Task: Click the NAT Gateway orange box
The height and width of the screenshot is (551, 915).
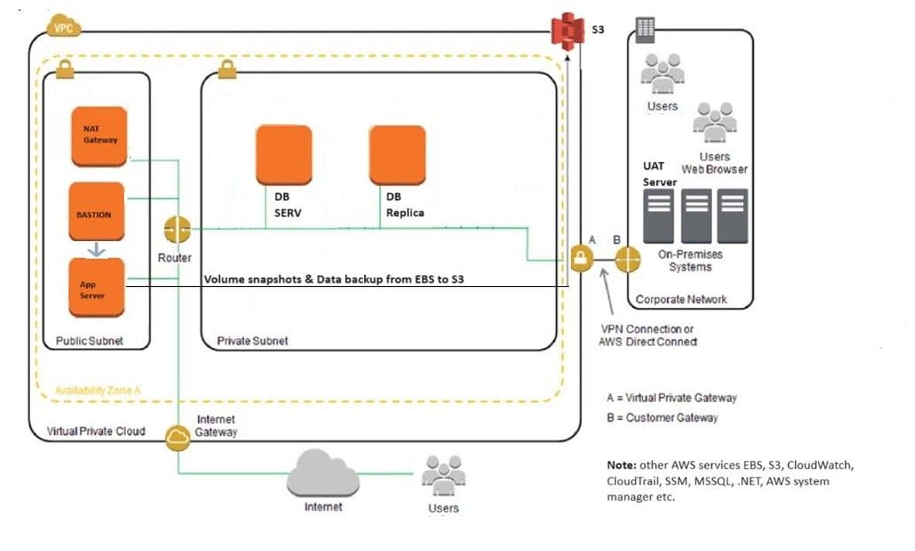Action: (x=98, y=136)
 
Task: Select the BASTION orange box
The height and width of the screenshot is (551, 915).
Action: (x=96, y=212)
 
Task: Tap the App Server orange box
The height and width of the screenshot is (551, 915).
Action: (x=96, y=287)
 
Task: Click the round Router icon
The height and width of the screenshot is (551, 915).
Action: (x=177, y=229)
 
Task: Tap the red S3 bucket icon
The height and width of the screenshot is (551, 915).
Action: (x=567, y=31)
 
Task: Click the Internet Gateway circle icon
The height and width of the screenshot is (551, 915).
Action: (x=177, y=437)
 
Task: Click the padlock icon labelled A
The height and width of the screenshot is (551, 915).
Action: (x=580, y=258)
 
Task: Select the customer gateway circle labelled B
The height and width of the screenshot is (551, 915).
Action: (x=628, y=259)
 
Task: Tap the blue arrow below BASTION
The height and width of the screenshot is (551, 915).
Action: (x=96, y=250)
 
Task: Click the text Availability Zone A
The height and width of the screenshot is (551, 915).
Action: (x=98, y=391)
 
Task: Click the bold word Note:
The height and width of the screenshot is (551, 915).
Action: (x=621, y=465)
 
